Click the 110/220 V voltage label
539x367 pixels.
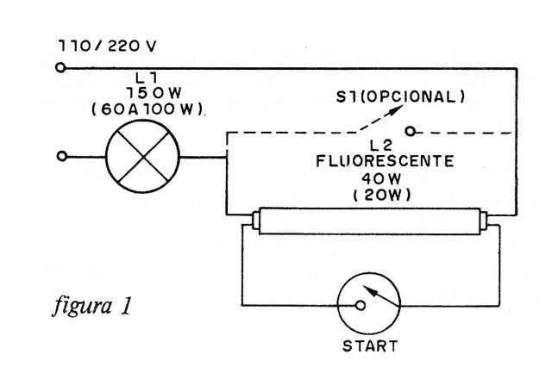[107, 46]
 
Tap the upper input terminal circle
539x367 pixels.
[60, 68]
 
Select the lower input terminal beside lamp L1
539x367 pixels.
[61, 156]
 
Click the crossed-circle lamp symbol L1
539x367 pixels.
[142, 156]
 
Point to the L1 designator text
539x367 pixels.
[147, 78]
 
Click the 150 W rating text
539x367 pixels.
[154, 93]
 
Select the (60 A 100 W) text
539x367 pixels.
[147, 109]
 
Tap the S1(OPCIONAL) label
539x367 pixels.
[400, 96]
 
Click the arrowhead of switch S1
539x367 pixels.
[397, 109]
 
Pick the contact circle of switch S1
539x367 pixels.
[411, 131]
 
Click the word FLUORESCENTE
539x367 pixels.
[385, 161]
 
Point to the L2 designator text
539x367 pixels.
[381, 146]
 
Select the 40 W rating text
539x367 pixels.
[381, 178]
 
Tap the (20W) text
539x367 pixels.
[382, 196]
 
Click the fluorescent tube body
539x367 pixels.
[369, 221]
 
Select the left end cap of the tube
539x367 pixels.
[256, 221]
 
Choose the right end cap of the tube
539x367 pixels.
[484, 221]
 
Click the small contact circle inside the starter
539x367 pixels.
[360, 305]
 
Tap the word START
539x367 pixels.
[370, 345]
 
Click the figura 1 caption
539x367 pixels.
[92, 305]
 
